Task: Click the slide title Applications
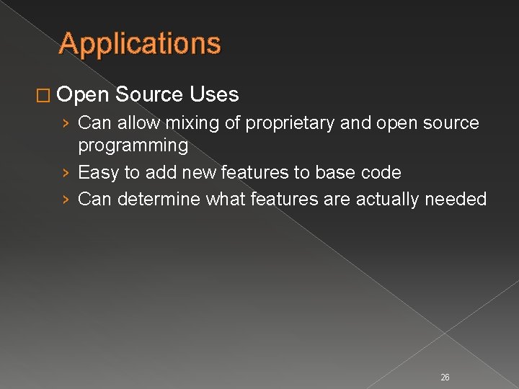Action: [140, 44]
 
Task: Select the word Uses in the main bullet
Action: [215, 94]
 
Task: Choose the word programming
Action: [133, 146]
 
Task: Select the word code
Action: [380, 173]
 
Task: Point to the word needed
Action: [460, 199]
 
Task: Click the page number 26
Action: [445, 377]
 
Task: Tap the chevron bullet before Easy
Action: [66, 173]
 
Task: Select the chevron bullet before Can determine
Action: [66, 199]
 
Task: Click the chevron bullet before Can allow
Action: [66, 124]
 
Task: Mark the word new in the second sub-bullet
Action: [200, 173]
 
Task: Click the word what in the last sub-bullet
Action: [225, 199]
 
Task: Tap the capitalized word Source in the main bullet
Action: [149, 94]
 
